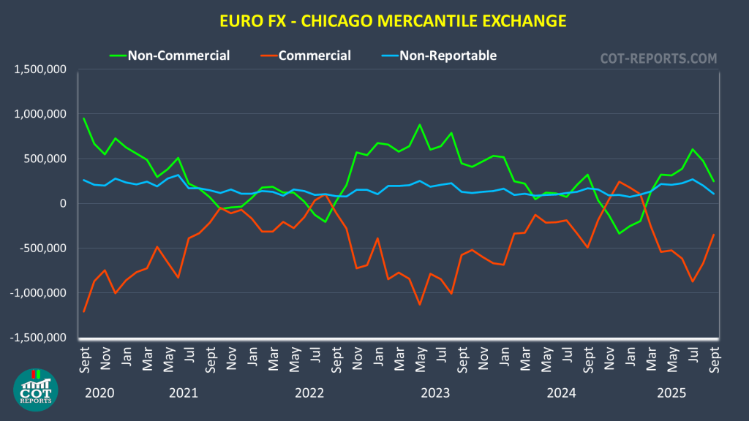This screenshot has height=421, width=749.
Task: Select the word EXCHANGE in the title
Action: coord(524,20)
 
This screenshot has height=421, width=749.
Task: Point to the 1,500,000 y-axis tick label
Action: coord(40,69)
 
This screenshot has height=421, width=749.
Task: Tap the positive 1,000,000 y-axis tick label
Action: coord(40,114)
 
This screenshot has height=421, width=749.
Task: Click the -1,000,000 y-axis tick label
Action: coord(38,292)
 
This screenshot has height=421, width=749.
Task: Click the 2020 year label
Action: coord(100,392)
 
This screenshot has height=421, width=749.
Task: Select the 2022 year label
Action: coord(309,392)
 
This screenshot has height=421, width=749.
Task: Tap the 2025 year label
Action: coord(671,392)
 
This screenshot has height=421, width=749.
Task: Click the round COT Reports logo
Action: coord(35,390)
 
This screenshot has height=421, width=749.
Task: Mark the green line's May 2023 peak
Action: coord(420,125)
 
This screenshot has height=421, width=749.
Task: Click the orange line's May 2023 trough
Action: coord(420,304)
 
